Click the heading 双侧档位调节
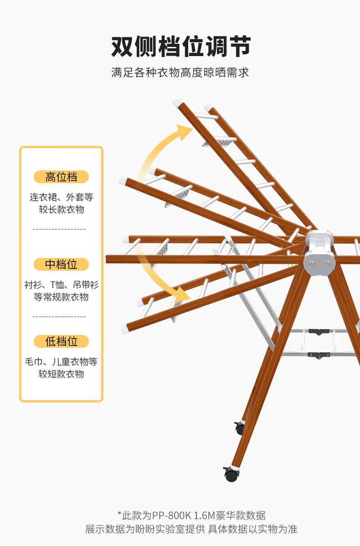point(180,47)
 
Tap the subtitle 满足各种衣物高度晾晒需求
point(180,72)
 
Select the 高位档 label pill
point(61,177)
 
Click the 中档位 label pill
point(61,264)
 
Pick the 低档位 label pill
point(61,341)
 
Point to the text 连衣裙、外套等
point(61,197)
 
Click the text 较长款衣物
point(61,210)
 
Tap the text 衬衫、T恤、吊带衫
point(61,285)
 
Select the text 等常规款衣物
point(61,297)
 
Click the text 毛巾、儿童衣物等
point(61,362)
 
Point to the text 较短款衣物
point(61,374)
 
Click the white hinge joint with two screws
point(319,261)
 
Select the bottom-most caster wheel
point(231,475)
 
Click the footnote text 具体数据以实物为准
point(253,529)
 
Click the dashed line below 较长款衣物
point(59,229)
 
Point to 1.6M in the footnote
point(206,516)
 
